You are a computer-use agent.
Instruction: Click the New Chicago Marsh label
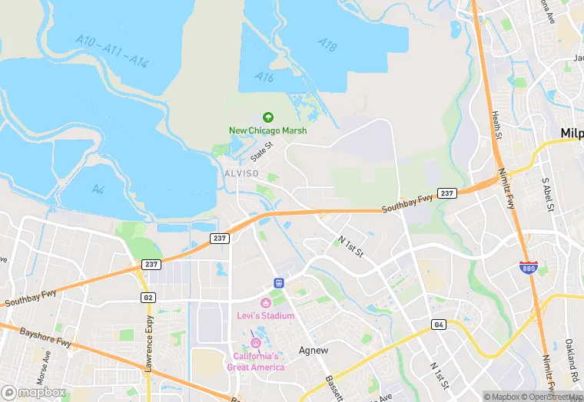coord(267,130)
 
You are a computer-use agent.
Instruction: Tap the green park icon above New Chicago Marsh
coord(267,117)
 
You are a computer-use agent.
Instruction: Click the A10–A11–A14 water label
coord(112,51)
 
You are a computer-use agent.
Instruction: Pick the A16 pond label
coord(265,77)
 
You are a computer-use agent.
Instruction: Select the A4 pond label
coord(98,189)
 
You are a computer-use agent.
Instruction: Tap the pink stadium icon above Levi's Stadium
coord(266,302)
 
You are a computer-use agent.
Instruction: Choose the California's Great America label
coord(256,361)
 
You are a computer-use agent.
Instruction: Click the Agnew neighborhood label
coord(314,351)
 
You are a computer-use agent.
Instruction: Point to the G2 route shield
coord(147,297)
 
